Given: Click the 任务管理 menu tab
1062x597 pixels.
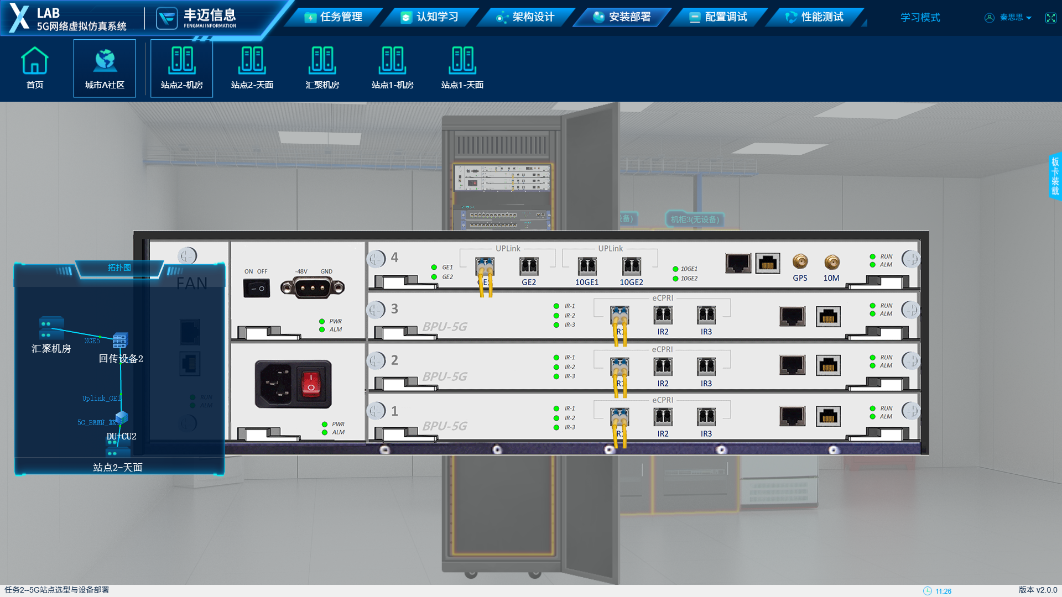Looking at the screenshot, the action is pyautogui.click(x=334, y=17).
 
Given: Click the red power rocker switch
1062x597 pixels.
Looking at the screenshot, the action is pyautogui.click(x=311, y=384).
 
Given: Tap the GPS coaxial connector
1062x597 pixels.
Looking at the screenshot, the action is pyautogui.click(x=800, y=261).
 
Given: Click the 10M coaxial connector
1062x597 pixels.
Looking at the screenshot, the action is pyautogui.click(x=831, y=262).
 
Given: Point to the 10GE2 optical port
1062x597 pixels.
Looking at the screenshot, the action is pyautogui.click(x=631, y=266).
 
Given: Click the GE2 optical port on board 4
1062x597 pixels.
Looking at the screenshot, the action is pyautogui.click(x=529, y=266).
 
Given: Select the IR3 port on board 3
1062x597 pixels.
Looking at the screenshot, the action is pyautogui.click(x=706, y=315).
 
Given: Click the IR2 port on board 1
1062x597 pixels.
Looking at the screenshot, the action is pyautogui.click(x=663, y=417).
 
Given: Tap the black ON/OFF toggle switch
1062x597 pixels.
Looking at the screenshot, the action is pyautogui.click(x=257, y=288).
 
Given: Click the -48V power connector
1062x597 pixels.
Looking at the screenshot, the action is pyautogui.click(x=313, y=287).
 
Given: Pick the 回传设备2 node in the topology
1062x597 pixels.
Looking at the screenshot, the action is pyautogui.click(x=120, y=341).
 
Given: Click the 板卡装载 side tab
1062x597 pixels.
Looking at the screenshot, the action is pyautogui.click(x=1055, y=176).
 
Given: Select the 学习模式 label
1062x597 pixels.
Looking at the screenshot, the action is pyautogui.click(x=920, y=17).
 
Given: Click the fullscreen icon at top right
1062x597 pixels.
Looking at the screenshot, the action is pyautogui.click(x=1050, y=18).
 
